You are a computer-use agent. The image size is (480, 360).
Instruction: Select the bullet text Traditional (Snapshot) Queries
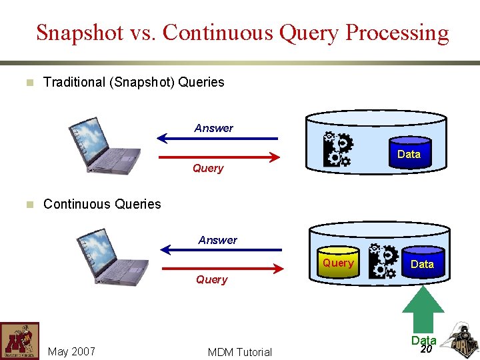tap(133, 82)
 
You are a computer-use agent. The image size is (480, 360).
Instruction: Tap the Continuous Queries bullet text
tap(102, 204)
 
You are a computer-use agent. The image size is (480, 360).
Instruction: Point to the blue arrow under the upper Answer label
tap(217, 139)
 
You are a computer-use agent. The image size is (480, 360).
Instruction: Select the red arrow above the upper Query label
tap(217, 158)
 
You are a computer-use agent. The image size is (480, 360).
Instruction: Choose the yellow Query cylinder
tap(338, 263)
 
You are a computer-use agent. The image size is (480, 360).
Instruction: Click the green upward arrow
tap(422, 309)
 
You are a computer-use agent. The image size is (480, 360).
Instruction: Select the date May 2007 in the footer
tap(71, 351)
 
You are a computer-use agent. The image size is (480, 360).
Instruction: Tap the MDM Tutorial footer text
tap(240, 352)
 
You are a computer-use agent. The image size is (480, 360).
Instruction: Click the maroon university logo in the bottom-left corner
tap(19, 341)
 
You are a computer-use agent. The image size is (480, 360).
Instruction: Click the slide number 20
tap(426, 349)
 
